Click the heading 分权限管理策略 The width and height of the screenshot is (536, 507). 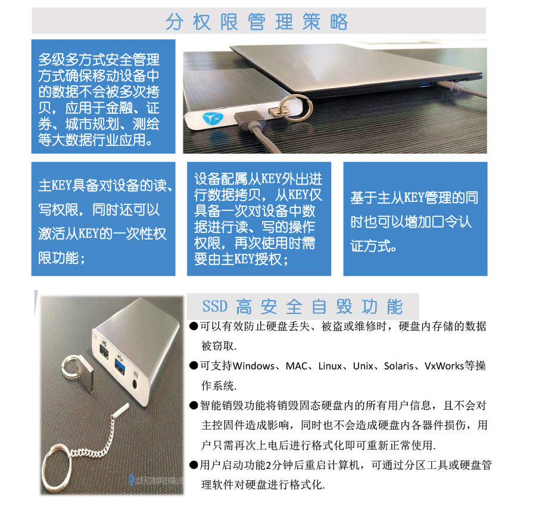256,21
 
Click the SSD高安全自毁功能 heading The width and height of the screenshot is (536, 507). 303,306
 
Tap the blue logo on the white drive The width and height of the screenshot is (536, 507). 213,119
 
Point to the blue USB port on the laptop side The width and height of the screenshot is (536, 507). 426,83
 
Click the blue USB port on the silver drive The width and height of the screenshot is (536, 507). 120,362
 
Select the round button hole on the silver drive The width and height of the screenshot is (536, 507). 135,384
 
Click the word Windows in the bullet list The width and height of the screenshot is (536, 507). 253,366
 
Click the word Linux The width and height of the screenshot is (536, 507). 330,366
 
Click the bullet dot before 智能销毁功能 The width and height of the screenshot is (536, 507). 194,406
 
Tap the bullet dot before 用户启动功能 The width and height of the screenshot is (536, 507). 194,465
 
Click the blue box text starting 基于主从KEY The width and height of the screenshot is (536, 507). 414,222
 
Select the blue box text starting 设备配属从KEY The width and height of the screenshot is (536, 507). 258,219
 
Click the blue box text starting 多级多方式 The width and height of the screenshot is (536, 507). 99,99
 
